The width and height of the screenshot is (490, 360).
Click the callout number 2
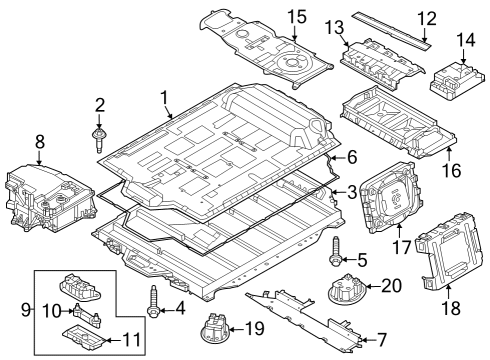coord(100,105)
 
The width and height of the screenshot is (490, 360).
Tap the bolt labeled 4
coord(152,301)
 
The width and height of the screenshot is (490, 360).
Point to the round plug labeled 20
coord(346,290)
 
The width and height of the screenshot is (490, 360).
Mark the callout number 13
coord(333,25)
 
